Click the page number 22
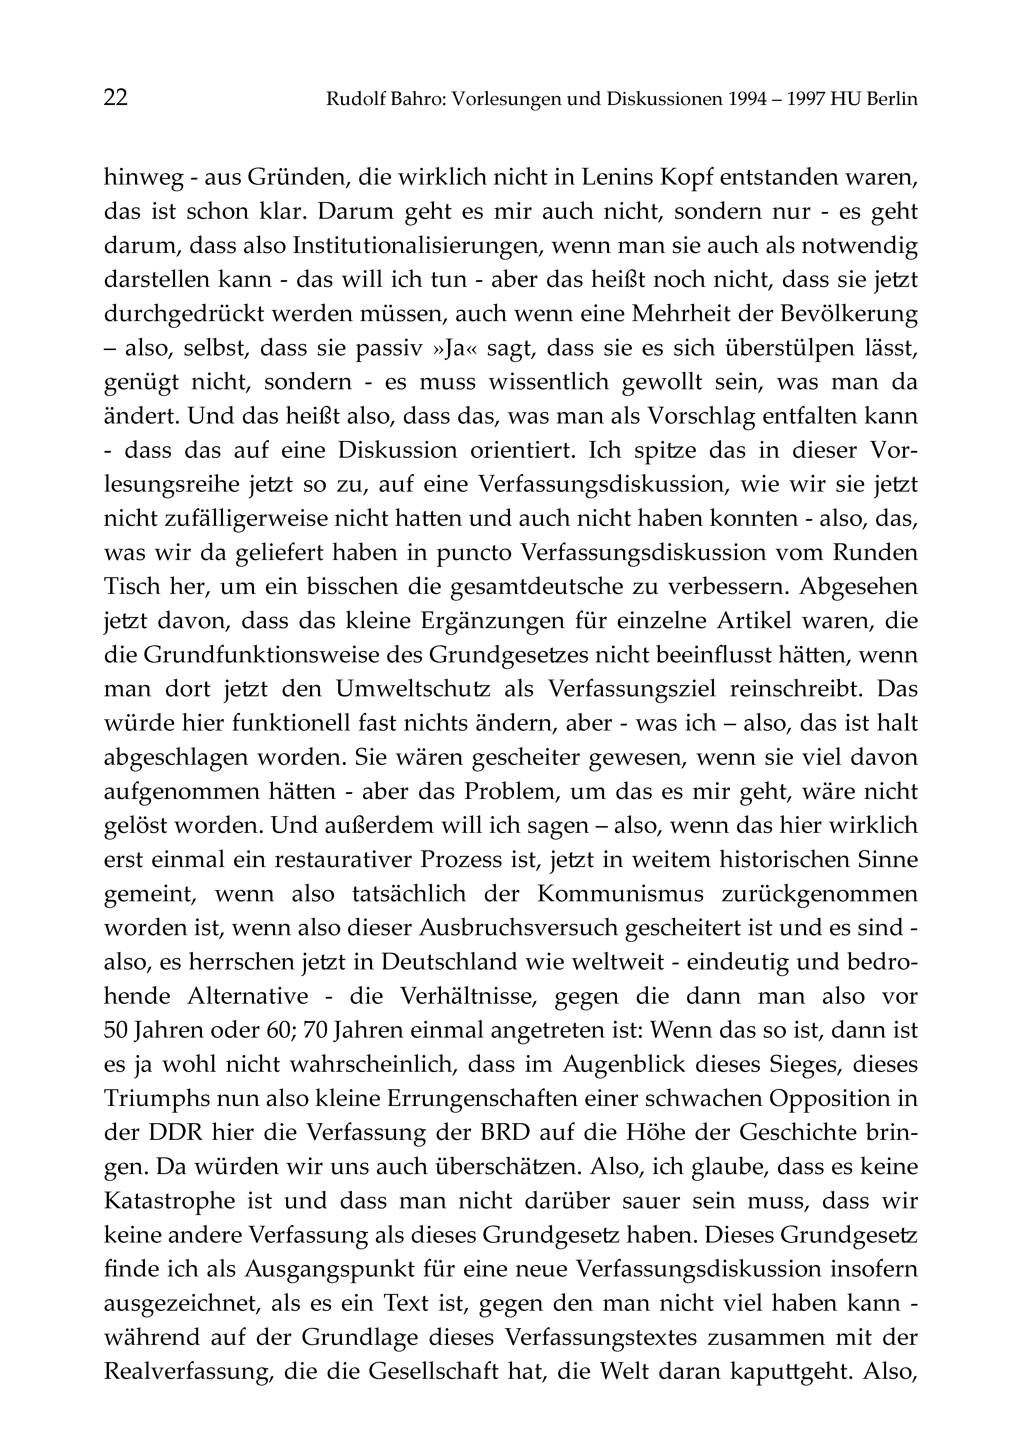[x=116, y=99]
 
